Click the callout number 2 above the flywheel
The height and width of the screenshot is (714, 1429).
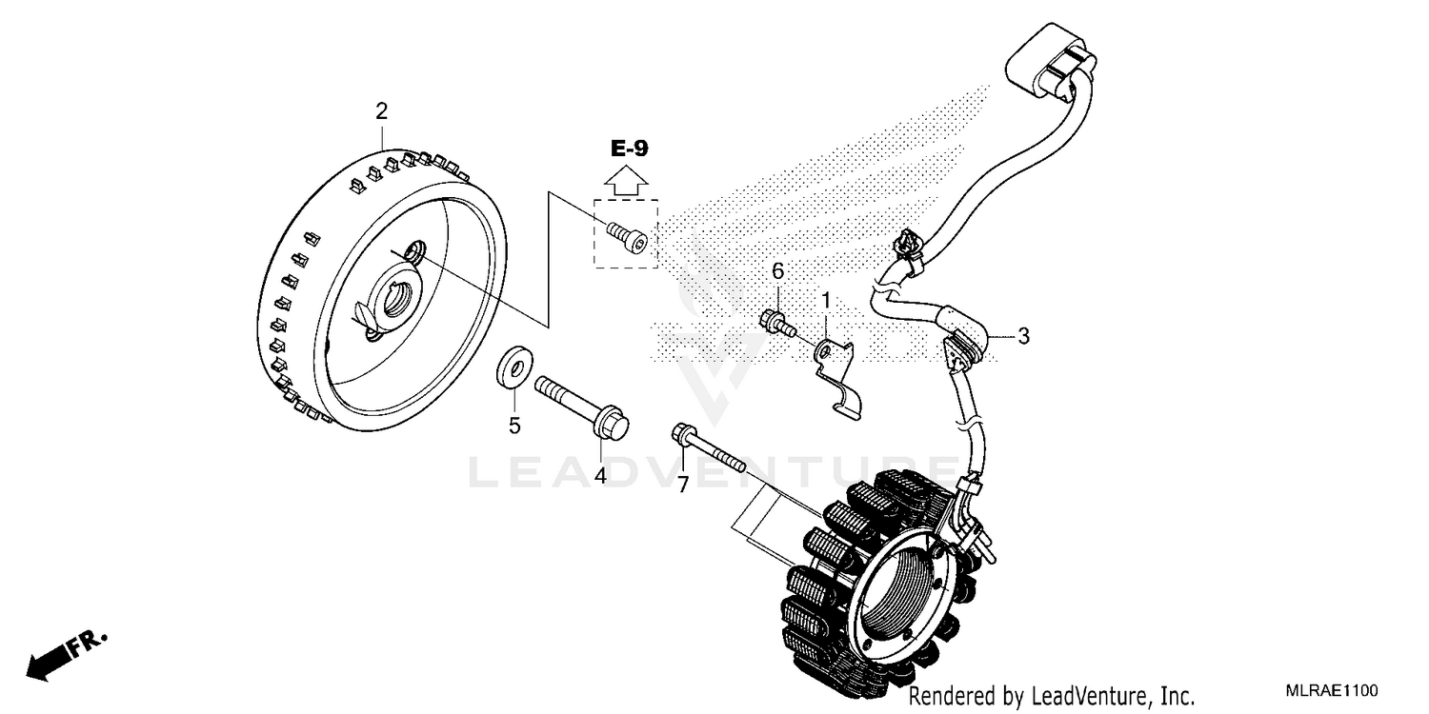(x=382, y=111)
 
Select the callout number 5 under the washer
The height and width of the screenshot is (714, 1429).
(x=514, y=426)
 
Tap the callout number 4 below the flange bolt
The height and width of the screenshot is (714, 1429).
(x=601, y=475)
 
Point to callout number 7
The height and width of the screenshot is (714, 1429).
(x=683, y=485)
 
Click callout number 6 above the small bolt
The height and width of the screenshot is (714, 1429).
(x=777, y=271)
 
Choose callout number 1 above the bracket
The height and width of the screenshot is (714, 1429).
(x=826, y=300)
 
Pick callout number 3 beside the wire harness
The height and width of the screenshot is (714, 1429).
(x=1023, y=335)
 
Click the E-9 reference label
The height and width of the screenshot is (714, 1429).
(x=629, y=149)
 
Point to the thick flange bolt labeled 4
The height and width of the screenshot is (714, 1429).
(x=581, y=409)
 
